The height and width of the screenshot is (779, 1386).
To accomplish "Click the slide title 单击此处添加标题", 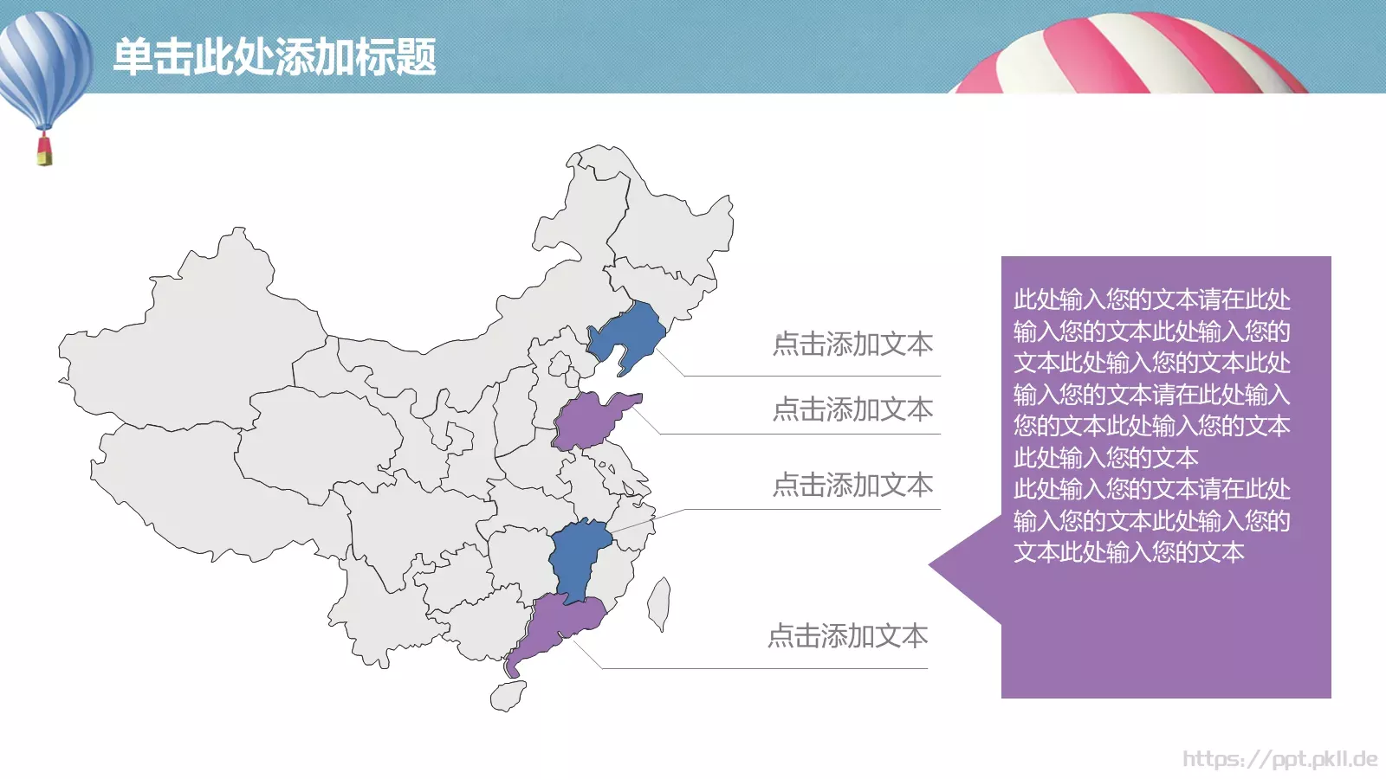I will pyautogui.click(x=275, y=57).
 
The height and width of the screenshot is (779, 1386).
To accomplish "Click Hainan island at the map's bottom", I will pyautogui.click(x=508, y=695).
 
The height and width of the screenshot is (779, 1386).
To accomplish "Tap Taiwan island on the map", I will pyautogui.click(x=659, y=603).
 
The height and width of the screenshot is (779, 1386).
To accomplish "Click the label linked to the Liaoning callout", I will pyautogui.click(x=852, y=344).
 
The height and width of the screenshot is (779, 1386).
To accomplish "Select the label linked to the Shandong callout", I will pyautogui.click(x=852, y=409).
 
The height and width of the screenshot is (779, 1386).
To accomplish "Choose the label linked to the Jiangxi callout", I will pyautogui.click(x=852, y=485).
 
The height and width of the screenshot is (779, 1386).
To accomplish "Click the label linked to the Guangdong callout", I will pyautogui.click(x=847, y=636).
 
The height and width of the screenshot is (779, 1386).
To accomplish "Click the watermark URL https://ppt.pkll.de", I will pyautogui.click(x=1279, y=759).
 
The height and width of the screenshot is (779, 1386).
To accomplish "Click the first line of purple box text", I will pyautogui.click(x=1151, y=299).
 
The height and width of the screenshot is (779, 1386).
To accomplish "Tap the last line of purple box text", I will pyautogui.click(x=1129, y=552).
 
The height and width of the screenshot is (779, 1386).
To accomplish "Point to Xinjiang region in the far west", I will pyautogui.click(x=191, y=338).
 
